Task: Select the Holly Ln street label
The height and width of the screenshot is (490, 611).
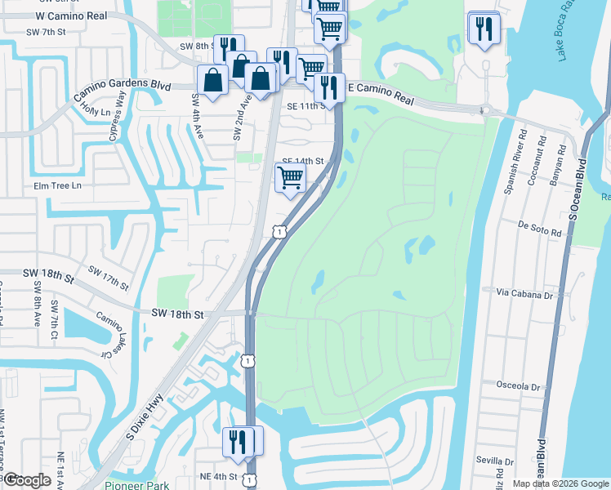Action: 96,111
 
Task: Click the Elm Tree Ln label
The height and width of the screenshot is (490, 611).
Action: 58,186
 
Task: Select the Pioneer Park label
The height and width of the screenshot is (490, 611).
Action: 137,485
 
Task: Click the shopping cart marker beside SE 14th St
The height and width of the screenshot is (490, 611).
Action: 291,176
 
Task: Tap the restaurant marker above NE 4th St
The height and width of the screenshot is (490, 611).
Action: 236,441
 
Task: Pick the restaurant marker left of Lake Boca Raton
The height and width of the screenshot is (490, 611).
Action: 484,29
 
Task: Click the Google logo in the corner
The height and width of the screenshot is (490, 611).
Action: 27,479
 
